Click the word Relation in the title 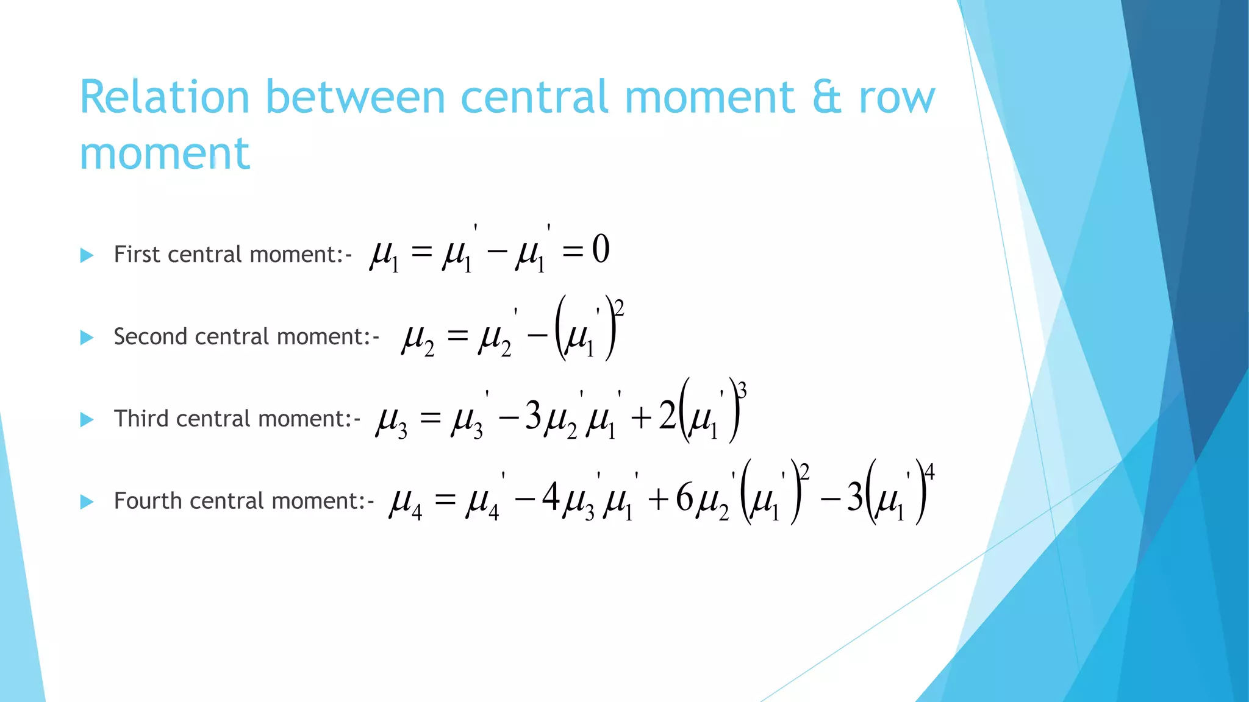click(x=165, y=97)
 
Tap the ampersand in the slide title click(x=827, y=97)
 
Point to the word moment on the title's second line click(x=165, y=154)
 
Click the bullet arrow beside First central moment click(x=87, y=255)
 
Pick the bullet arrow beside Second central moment click(x=87, y=338)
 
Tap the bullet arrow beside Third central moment click(x=87, y=420)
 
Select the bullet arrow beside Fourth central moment click(x=87, y=502)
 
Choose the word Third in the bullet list click(x=141, y=419)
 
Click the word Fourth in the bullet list click(x=146, y=502)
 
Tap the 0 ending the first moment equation click(x=601, y=250)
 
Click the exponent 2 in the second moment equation click(x=620, y=308)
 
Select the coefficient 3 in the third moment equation click(x=533, y=417)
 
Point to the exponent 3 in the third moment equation click(x=742, y=390)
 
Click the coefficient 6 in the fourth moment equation click(x=684, y=498)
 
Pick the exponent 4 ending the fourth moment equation click(x=929, y=472)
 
